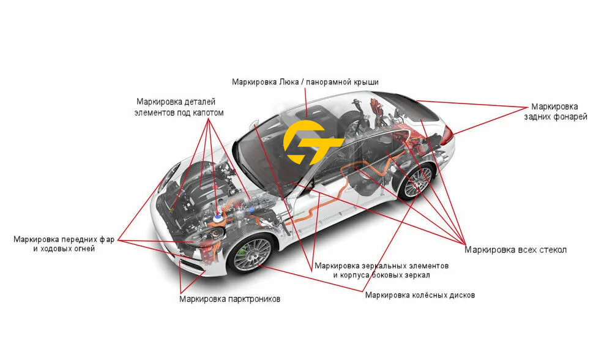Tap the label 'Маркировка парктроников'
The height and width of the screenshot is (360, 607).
(x=230, y=299)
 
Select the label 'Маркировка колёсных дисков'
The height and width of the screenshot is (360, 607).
(x=420, y=295)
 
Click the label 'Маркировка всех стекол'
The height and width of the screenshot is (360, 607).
(x=515, y=250)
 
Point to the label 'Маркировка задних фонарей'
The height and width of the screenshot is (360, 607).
(x=555, y=111)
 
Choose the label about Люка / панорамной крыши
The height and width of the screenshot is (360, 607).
(x=305, y=81)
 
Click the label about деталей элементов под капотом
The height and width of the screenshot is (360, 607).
(x=179, y=107)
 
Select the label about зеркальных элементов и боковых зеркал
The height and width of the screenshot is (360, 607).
(x=381, y=271)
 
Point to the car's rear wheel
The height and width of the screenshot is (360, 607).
(x=416, y=182)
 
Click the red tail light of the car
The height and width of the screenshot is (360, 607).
(x=447, y=133)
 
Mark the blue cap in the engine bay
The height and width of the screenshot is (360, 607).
(x=218, y=216)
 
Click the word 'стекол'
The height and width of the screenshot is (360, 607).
(x=551, y=250)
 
